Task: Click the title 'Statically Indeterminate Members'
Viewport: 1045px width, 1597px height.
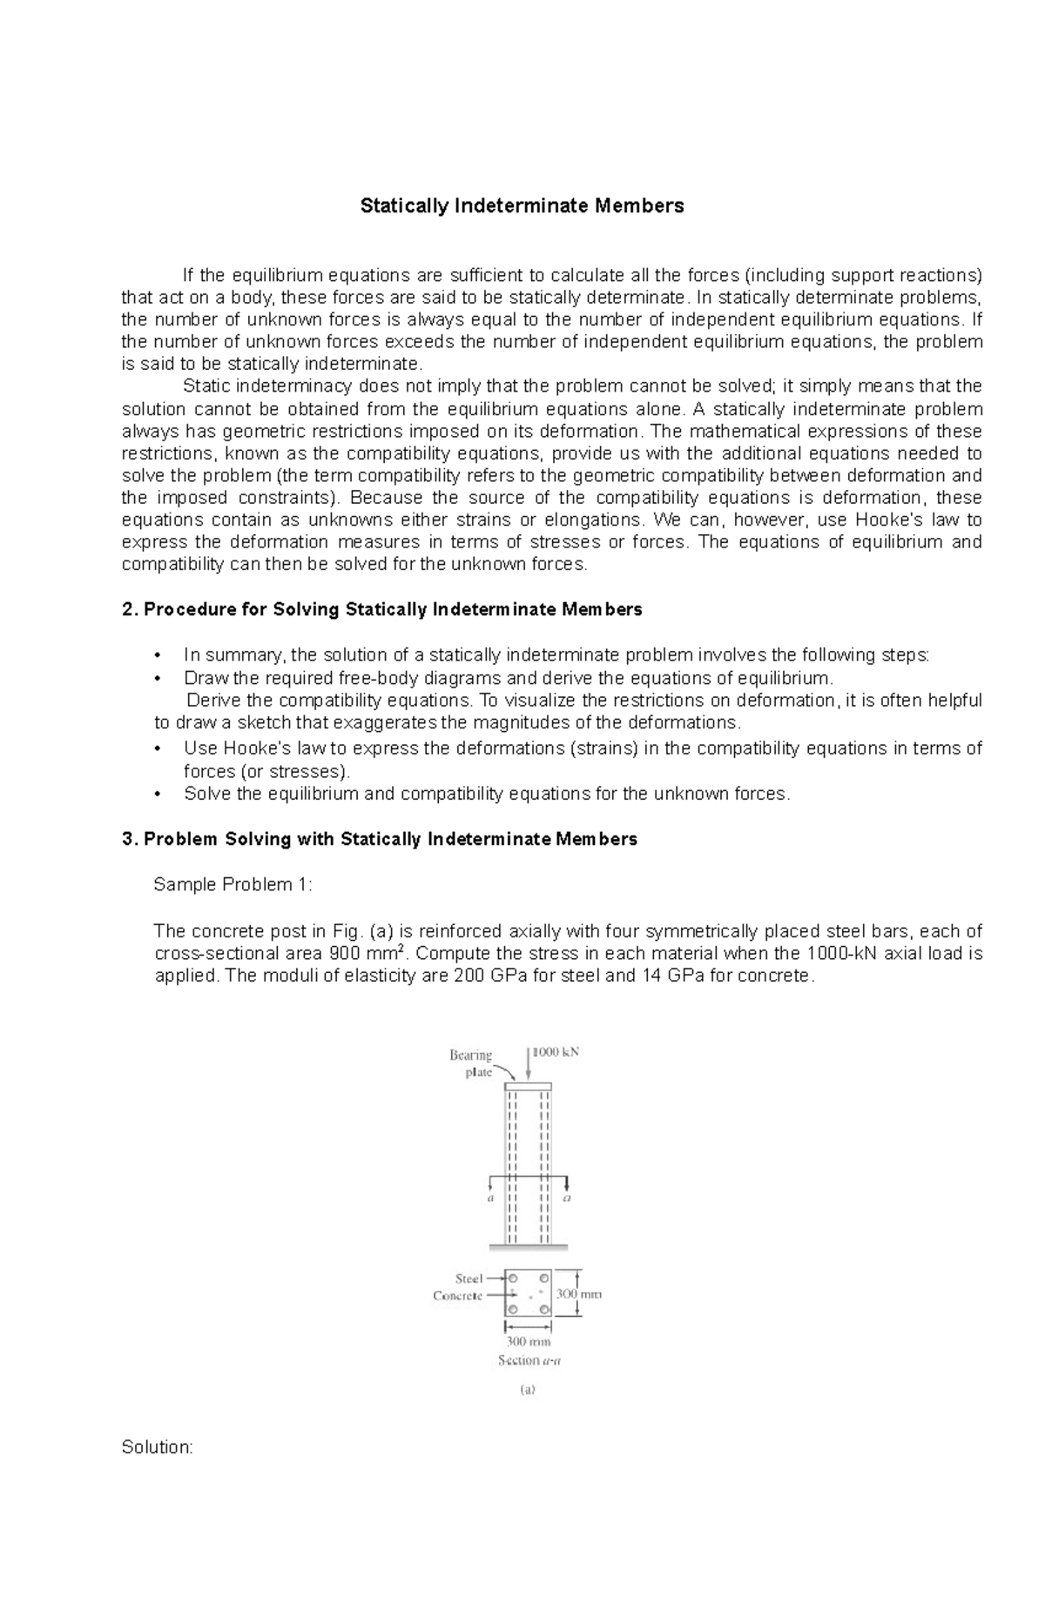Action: coord(522,206)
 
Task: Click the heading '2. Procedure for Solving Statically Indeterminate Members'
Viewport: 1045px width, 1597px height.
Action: coord(382,609)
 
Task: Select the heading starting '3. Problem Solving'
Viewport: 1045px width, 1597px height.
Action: coord(380,839)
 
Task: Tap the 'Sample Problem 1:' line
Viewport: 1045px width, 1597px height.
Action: coord(233,884)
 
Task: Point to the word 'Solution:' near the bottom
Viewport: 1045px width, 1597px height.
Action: coord(157,1447)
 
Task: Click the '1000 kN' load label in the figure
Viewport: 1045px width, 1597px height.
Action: coord(556,1051)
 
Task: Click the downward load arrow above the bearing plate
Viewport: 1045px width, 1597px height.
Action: coord(528,1064)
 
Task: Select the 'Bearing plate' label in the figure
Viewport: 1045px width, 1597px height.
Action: coord(471,1064)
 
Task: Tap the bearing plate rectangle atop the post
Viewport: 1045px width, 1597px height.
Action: coord(528,1086)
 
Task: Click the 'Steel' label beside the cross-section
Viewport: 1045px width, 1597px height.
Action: coord(469,1278)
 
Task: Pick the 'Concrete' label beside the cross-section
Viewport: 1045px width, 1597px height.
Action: coord(458,1296)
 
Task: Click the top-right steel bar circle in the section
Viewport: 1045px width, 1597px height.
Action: coord(544,1278)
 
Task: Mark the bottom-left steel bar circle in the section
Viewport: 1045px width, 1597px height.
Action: coord(513,1309)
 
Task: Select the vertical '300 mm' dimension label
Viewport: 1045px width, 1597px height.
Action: coord(579,1294)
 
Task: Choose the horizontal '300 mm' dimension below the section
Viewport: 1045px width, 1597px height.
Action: coord(529,1341)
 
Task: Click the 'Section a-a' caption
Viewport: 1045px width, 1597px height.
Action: coord(529,1360)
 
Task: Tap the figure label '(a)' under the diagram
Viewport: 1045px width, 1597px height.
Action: coord(528,1390)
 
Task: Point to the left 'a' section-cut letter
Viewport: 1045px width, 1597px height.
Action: coord(490,1198)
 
